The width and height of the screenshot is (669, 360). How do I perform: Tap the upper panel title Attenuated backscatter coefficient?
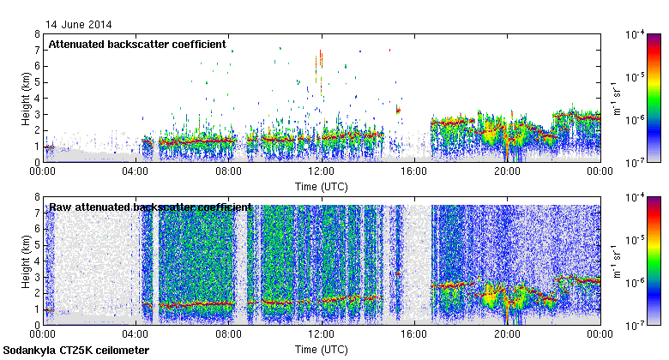click(x=137, y=44)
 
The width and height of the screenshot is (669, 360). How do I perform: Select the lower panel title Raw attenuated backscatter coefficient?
click(x=150, y=207)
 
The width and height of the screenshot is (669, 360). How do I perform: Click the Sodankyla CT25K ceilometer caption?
click(x=76, y=351)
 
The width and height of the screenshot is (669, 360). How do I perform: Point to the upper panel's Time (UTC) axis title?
click(x=321, y=186)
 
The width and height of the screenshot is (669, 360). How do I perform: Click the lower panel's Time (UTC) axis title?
click(x=321, y=350)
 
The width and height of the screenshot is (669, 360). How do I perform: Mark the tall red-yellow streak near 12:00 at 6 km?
click(x=320, y=69)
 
